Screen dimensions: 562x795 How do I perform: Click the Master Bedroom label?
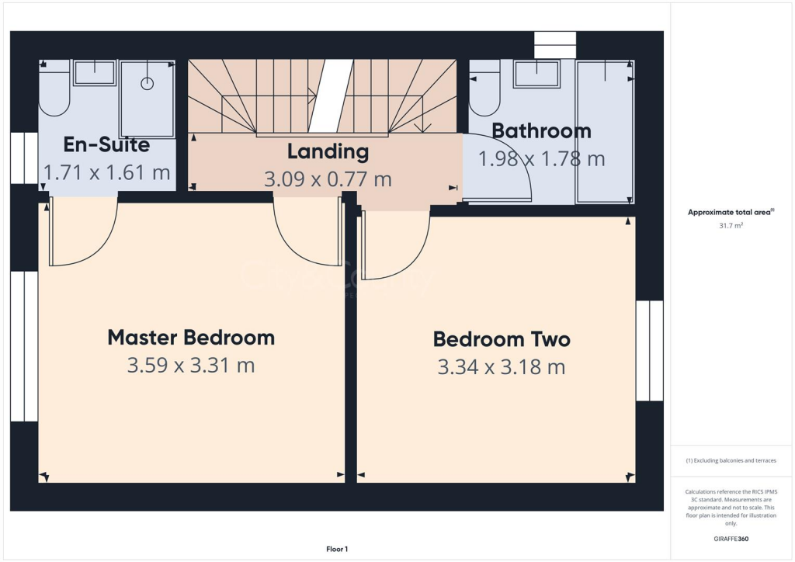[191, 338]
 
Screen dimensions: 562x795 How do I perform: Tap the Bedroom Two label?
[502, 339]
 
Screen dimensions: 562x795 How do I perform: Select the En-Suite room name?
[106, 144]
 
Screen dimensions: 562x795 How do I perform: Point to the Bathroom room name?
[541, 130]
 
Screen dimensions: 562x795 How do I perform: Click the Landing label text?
[328, 151]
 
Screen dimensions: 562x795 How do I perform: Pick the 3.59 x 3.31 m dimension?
[191, 365]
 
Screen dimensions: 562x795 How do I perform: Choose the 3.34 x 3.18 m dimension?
[502, 366]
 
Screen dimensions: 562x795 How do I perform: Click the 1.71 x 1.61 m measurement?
[106, 172]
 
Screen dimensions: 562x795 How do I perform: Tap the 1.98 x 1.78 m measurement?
[541, 159]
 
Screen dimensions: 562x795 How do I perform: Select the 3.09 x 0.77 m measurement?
[328, 179]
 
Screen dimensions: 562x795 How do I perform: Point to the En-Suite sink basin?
[94, 73]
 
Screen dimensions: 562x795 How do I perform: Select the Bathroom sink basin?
[537, 75]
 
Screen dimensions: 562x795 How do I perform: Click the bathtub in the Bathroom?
[606, 132]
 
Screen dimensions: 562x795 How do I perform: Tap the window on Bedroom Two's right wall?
[649, 351]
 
